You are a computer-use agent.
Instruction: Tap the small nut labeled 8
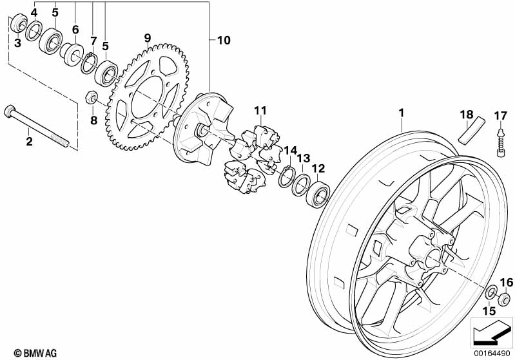pos(92,97)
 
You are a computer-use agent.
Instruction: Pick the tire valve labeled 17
pos(501,143)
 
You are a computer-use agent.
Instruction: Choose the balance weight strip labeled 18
pos(472,130)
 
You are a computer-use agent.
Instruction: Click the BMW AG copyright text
pos(35,353)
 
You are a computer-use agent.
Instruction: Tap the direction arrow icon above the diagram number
pos(491,332)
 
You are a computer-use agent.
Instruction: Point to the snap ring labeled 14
pos(287,176)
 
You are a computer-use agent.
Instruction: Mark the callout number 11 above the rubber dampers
pos(260,111)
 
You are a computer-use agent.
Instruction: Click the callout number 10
pos(224,41)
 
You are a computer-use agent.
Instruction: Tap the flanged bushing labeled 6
pos(72,54)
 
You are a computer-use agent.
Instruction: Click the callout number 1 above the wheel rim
pos(401,113)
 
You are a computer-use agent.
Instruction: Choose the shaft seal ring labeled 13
pos(301,185)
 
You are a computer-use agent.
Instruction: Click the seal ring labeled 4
pos(34,31)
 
